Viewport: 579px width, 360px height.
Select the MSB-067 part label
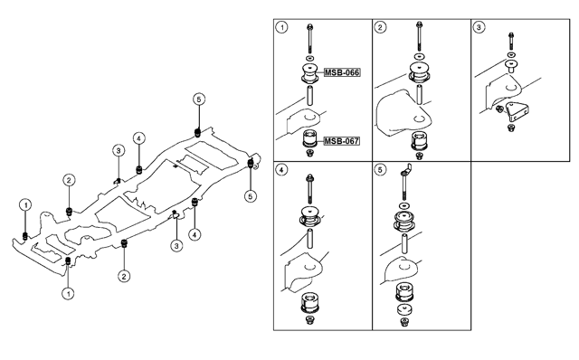[x=342, y=140]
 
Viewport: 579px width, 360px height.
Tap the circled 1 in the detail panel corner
[x=282, y=28]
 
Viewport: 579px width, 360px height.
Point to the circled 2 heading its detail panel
[x=381, y=28]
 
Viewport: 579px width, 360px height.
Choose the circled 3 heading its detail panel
[x=479, y=28]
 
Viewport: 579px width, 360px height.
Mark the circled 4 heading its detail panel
[x=282, y=170]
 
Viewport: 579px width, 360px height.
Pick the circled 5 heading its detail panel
[x=381, y=170]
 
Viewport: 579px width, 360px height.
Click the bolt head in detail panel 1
[x=309, y=28]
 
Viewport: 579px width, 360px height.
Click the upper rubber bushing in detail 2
[x=418, y=73]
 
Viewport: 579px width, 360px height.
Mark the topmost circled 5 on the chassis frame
[x=199, y=99]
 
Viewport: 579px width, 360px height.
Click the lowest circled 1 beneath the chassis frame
[x=69, y=292]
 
